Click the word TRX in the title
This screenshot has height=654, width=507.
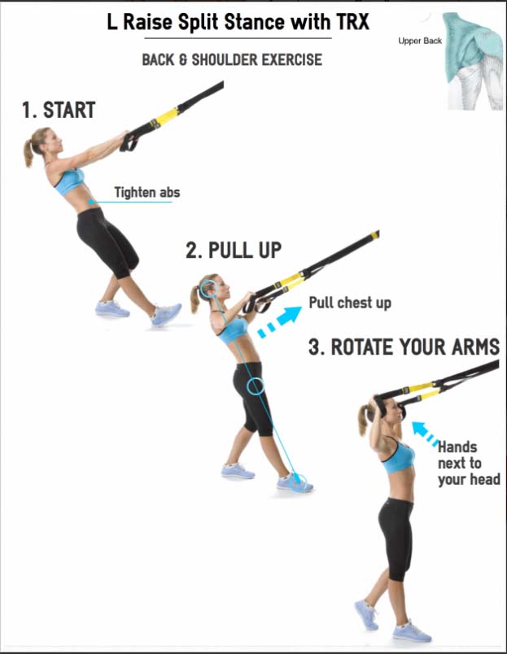pyautogui.click(x=352, y=22)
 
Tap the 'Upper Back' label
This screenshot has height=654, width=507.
pyautogui.click(x=420, y=41)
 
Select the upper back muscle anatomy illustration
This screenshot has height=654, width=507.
pyautogui.click(x=474, y=61)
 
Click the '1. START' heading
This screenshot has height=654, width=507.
pyautogui.click(x=59, y=110)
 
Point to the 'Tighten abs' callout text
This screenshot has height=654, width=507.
pyautogui.click(x=147, y=192)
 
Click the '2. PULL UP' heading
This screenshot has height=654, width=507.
pyautogui.click(x=234, y=251)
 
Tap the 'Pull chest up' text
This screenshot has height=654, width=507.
pyautogui.click(x=350, y=303)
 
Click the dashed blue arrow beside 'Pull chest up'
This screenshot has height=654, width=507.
pyautogui.click(x=279, y=321)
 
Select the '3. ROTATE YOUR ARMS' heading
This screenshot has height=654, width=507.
pyautogui.click(x=404, y=347)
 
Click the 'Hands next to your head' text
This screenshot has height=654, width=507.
pyautogui.click(x=469, y=464)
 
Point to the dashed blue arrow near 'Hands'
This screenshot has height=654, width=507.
pyautogui.click(x=425, y=434)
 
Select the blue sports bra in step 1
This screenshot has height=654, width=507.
pyautogui.click(x=69, y=181)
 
